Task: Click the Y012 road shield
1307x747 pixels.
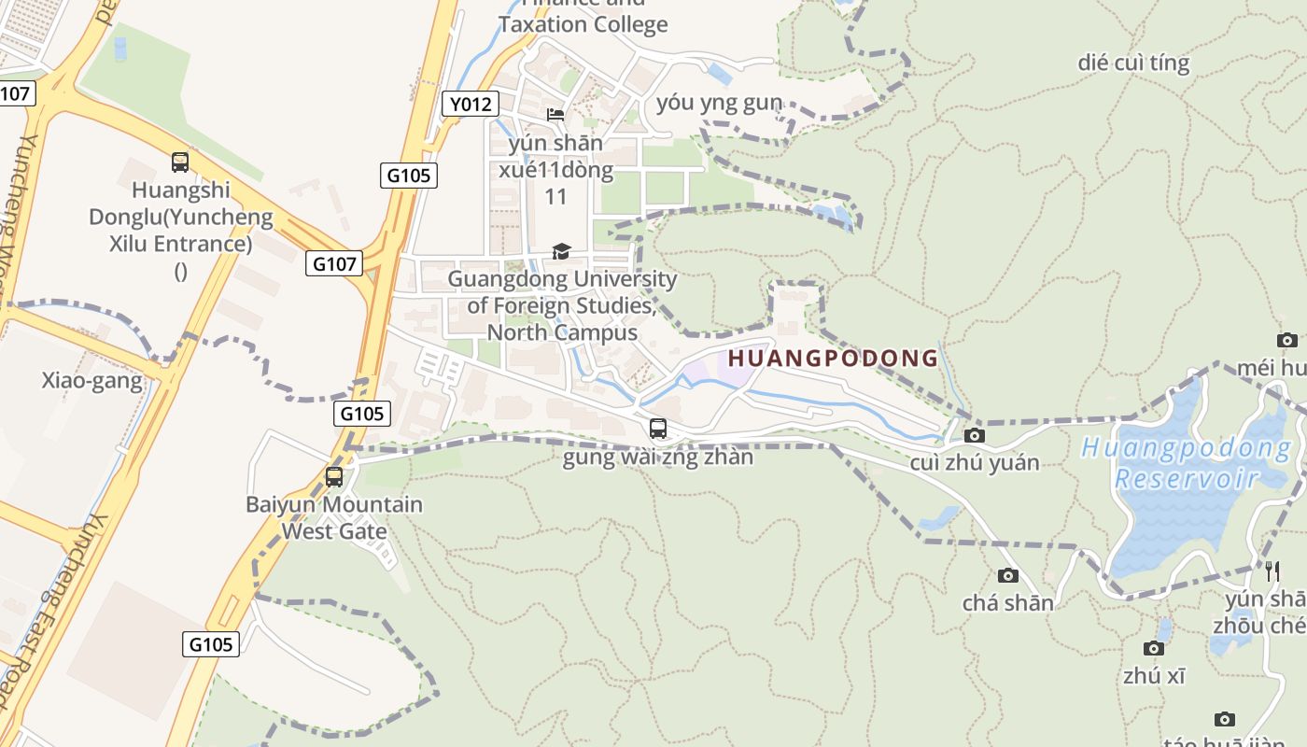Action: click(470, 104)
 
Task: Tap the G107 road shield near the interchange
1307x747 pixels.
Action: click(333, 264)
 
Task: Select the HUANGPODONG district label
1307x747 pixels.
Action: click(833, 358)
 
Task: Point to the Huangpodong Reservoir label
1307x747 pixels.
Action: click(1187, 463)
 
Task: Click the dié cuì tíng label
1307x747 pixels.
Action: click(1133, 63)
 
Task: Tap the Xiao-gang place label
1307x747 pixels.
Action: click(92, 380)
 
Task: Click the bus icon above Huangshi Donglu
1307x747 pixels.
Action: click(180, 162)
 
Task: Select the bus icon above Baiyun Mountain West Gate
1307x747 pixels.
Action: click(334, 477)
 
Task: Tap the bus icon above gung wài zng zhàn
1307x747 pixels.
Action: click(658, 429)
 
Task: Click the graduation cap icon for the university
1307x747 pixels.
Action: click(561, 251)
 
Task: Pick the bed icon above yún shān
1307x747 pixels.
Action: click(555, 115)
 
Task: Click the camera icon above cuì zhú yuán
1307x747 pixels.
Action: click(975, 435)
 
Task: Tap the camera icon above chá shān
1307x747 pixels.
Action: click(1008, 575)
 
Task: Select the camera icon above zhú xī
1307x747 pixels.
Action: click(1154, 648)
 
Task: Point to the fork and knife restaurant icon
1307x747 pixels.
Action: click(1272, 571)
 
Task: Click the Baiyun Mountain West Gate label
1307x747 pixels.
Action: click(334, 518)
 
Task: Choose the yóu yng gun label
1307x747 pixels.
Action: click(719, 102)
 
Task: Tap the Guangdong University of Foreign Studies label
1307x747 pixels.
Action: click(563, 305)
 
